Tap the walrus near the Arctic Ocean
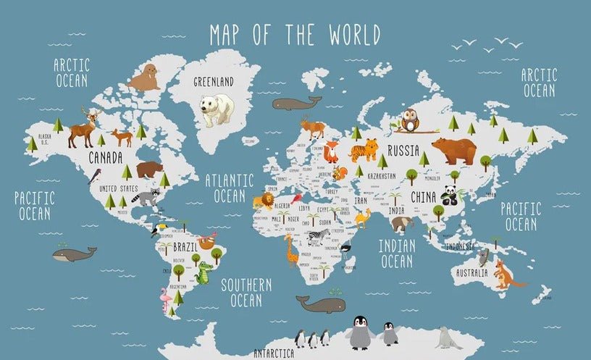145,78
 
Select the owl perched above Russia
410,120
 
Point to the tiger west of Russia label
364,150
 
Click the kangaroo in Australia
503,275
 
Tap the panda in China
450,194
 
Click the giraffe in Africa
291,250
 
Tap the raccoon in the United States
148,196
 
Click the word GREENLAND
214,82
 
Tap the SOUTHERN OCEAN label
246,292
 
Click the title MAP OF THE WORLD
295,34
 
